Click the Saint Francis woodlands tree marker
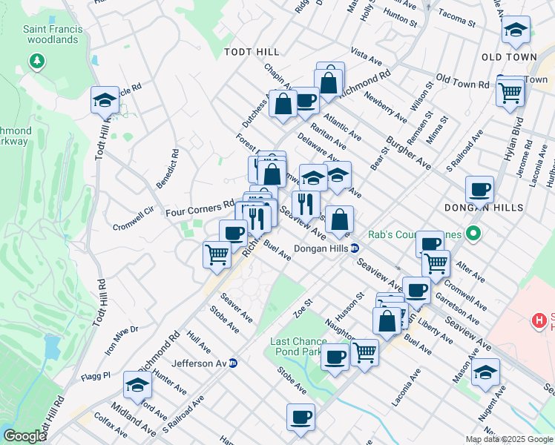(x=36, y=60)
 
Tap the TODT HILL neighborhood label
(x=252, y=52)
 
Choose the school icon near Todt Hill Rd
(x=105, y=99)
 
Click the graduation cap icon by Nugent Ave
(x=485, y=372)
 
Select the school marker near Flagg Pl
(x=137, y=384)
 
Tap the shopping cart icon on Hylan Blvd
(x=510, y=93)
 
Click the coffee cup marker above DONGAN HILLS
(x=479, y=188)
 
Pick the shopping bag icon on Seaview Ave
(x=339, y=219)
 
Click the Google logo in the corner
(x=24, y=436)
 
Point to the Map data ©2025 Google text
(x=508, y=439)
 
